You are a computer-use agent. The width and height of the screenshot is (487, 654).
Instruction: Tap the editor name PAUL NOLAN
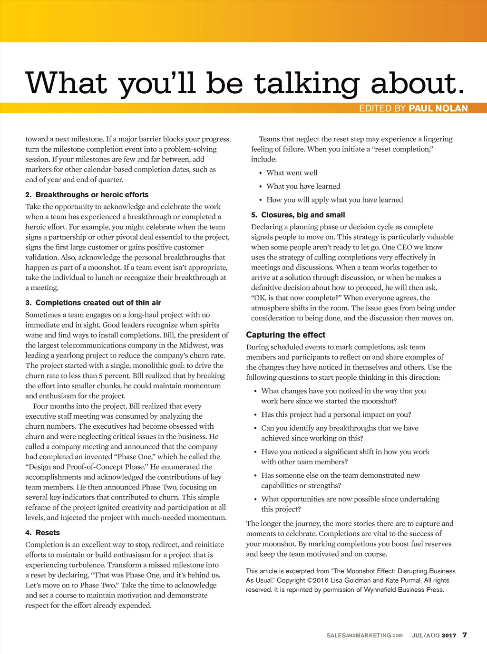438,108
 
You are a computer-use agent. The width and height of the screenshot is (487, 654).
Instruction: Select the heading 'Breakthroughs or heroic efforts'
92,195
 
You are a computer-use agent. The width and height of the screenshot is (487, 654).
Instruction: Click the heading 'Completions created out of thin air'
98,303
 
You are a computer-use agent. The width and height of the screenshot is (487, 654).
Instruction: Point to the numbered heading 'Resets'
48,533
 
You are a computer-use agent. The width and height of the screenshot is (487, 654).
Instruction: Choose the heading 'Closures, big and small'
303,215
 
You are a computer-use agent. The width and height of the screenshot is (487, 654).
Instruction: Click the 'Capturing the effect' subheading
285,335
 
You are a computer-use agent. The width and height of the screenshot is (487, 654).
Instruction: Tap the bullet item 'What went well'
292,173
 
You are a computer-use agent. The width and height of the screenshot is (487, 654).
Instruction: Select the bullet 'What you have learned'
303,186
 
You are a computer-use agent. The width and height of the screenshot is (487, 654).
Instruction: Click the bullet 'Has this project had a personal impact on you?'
336,414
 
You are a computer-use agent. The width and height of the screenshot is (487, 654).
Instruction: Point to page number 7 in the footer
465,635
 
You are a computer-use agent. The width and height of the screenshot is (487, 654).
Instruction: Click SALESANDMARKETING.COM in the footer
364,635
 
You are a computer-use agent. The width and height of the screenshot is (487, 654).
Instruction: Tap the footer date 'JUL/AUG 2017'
434,635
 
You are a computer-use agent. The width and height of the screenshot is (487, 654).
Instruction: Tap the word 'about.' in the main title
417,83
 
